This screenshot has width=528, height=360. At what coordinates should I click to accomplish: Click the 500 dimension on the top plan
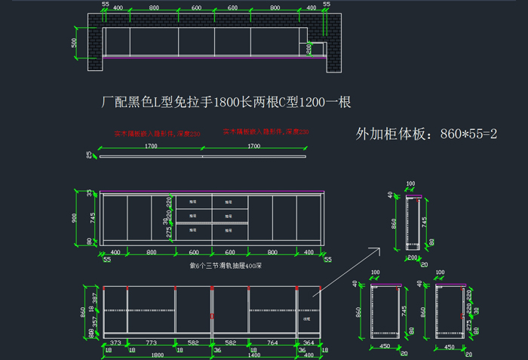coord(74,42)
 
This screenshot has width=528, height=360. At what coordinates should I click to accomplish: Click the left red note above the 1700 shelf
coord(158,134)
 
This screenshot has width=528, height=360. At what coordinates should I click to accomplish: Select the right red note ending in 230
coord(266,131)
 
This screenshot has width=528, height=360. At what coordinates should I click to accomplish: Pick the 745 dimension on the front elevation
coord(92,218)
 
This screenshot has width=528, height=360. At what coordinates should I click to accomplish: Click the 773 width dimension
coord(150,343)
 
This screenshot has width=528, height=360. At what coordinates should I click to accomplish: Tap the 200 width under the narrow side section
coord(411,257)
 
